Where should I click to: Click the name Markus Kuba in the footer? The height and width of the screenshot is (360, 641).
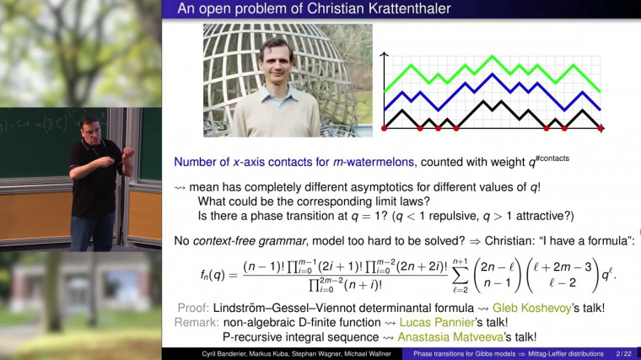[x=246, y=354]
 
